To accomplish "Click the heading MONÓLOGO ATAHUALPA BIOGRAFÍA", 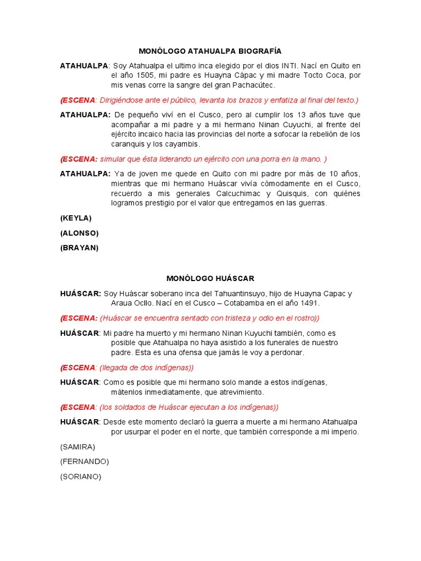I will point(210,51).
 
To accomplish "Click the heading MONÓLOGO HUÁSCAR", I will point(210,279).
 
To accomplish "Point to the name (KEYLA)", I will point(76,217).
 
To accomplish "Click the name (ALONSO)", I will point(79,233).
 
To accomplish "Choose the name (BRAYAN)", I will point(79,248).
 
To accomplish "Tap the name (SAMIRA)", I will point(77,446).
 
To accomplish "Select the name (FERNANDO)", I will point(84,461).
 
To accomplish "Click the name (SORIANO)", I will point(81,477).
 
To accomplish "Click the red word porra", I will point(265,159).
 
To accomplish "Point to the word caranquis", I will point(128,144).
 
